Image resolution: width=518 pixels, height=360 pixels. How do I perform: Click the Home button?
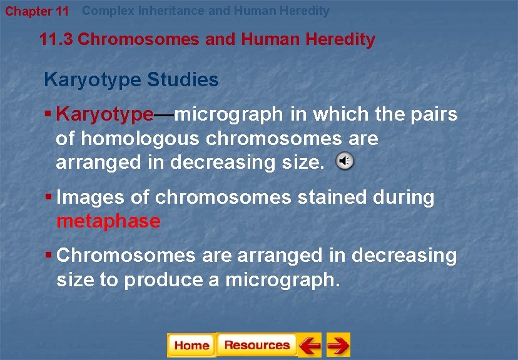191,345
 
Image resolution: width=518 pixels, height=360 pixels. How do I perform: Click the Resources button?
256,345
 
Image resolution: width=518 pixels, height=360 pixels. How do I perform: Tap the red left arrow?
309,345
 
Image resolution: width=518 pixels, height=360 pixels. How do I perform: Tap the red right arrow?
338,345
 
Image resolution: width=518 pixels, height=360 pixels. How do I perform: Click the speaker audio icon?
345,161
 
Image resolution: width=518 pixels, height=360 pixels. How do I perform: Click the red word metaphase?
108,221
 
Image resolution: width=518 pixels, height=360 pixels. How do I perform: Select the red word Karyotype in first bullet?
104,114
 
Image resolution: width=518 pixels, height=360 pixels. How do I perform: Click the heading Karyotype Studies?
131,80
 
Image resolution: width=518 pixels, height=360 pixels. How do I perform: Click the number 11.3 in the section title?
56,40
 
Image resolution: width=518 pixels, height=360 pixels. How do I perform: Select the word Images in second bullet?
90,197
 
